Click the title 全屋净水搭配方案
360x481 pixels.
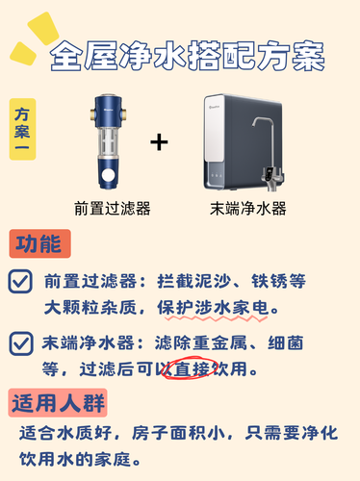pyautogui.click(x=188, y=56)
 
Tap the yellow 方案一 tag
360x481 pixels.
pyautogui.click(x=22, y=129)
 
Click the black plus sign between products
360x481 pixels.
pyautogui.click(x=159, y=142)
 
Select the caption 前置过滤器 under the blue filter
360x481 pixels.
pyautogui.click(x=113, y=209)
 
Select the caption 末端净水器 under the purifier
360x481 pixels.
pyautogui.click(x=248, y=209)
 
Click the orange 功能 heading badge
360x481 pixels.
pyautogui.click(x=39, y=243)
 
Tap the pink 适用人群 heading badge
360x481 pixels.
pyautogui.click(x=58, y=403)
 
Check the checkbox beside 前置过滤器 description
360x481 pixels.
pyautogui.click(x=20, y=281)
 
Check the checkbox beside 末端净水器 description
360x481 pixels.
pyautogui.click(x=21, y=343)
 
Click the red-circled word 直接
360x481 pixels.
pyautogui.click(x=192, y=368)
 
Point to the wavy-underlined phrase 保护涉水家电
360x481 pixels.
pyautogui.click(x=214, y=308)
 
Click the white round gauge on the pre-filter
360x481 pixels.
pyautogui.click(x=108, y=175)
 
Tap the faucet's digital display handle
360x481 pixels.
pyautogui.click(x=270, y=175)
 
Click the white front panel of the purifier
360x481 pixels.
pyautogui.click(x=215, y=128)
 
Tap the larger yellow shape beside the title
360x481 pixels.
pyautogui.click(x=43, y=28)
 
